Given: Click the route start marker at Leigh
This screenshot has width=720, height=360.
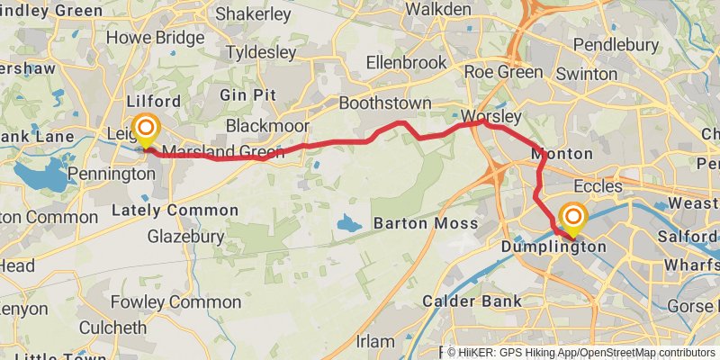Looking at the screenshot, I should pos(145,130).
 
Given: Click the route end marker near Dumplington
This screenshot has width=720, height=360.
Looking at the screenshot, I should pos(572,219).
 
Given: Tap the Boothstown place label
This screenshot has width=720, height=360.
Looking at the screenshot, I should pos(384,103).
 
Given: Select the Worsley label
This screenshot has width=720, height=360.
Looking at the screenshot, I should pos(490,117).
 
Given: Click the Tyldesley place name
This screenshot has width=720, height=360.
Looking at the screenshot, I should pos(260,53).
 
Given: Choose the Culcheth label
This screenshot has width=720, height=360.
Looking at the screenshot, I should pos(112,327).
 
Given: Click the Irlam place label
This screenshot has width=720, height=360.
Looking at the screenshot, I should pos(375,342).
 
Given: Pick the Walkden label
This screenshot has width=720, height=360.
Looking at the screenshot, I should pos(437,9).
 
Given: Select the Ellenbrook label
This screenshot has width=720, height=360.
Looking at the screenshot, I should pos(406,63).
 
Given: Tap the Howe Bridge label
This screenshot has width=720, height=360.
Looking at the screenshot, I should pos(155,38).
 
